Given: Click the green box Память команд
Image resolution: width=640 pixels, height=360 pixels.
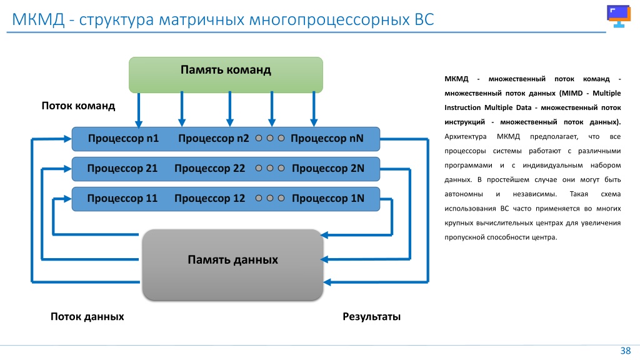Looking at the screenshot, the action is pos(226,75).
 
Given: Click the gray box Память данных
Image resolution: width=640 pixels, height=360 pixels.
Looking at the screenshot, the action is pos(232,264).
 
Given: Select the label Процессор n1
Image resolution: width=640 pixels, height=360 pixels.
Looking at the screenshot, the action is pos(123,138).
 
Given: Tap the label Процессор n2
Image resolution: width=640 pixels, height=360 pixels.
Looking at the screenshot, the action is pos(214,138).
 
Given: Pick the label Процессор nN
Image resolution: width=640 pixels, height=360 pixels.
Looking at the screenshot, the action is pos(327,138).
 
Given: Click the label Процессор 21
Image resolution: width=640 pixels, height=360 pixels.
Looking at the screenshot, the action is pos(122,168).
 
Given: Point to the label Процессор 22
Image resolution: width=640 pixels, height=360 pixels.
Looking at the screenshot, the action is pos(210,168).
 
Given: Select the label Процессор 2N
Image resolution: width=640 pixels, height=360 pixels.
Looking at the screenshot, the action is pos(328,168).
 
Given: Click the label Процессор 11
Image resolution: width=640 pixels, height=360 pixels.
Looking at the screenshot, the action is pos(122,198).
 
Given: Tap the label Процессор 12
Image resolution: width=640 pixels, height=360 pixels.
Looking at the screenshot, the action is pos(210,198).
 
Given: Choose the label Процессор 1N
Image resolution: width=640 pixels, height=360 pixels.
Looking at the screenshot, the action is pos(328,198).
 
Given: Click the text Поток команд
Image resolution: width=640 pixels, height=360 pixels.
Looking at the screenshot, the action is pos(78,106).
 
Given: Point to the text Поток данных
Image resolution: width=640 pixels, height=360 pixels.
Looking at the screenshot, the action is pos(87,317).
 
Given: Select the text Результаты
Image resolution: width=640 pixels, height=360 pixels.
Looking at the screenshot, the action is pos(371,317).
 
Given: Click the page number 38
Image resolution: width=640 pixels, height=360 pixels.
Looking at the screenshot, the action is pos(625,351).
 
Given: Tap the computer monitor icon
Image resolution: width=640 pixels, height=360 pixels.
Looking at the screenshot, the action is pos(619,16).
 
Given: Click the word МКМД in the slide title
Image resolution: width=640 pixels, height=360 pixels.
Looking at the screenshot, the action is pos(38,19).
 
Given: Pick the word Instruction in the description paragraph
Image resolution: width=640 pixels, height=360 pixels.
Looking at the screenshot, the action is pos(462,107).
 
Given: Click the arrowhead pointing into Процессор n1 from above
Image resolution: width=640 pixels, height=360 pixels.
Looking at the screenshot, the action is pos(139,124).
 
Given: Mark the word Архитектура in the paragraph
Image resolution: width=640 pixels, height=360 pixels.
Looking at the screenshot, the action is pos(465,137).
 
